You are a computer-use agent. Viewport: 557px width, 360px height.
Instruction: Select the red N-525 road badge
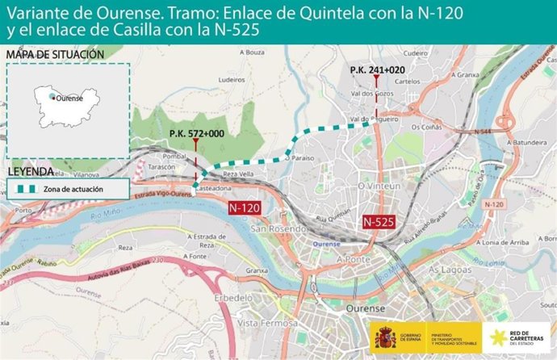coord(378,220)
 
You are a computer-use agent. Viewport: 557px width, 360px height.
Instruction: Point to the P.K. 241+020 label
coord(377,70)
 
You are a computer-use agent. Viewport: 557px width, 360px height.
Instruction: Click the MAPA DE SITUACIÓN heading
coord(55,54)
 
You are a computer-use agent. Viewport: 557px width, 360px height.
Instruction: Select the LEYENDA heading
coord(31,172)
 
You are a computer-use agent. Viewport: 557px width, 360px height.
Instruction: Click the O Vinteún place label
coord(379,186)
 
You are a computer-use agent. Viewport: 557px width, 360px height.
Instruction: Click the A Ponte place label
coord(352,259)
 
